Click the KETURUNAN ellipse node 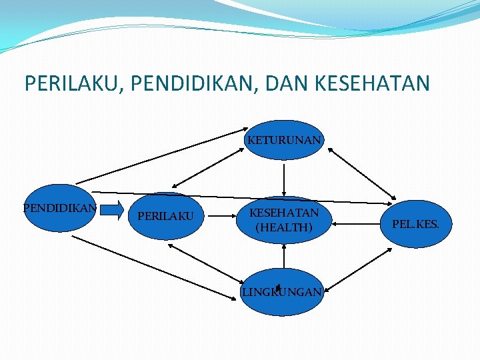tap(285, 140)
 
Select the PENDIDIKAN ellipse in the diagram tap(60, 208)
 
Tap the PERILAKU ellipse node tap(165, 216)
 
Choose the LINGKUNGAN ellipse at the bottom tap(281, 292)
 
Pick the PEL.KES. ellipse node tap(415, 224)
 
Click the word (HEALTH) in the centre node tap(284, 227)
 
